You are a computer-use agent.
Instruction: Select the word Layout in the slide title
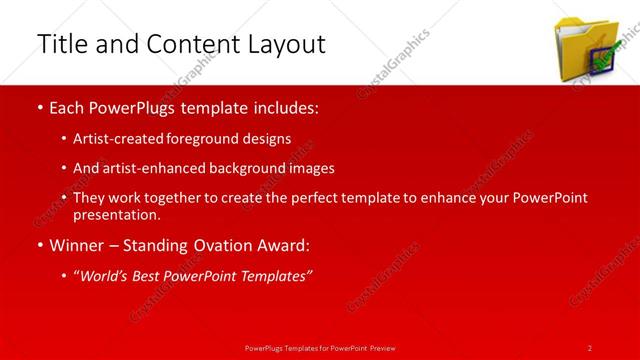286,45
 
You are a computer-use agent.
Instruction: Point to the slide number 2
590,347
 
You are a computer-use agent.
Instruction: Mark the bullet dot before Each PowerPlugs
39,107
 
